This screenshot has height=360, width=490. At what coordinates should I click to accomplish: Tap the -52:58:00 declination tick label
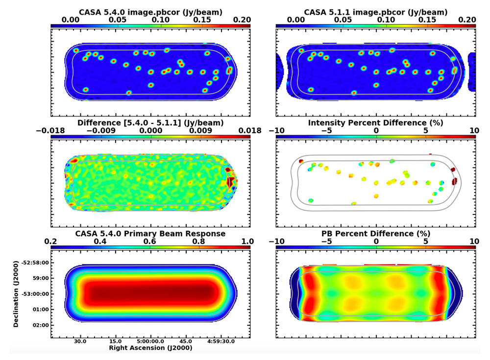pos(31,263)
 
